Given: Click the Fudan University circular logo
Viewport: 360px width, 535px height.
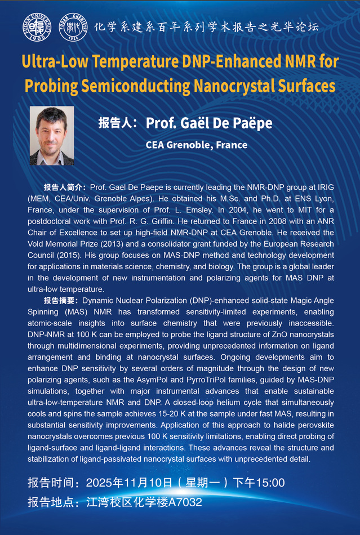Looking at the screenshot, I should [x=38, y=27].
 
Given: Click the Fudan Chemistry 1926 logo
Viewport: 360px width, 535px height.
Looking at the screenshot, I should [x=73, y=27].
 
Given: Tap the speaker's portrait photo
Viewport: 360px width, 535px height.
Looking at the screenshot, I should [x=52, y=136].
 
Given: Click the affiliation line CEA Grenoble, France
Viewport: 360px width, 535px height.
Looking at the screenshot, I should [x=196, y=145].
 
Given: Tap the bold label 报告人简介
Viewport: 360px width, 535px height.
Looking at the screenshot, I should [x=65, y=187].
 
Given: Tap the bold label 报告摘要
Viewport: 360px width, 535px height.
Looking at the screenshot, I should [x=65, y=301].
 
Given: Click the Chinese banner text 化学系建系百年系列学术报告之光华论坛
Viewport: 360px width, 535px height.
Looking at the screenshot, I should [x=214, y=26].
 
